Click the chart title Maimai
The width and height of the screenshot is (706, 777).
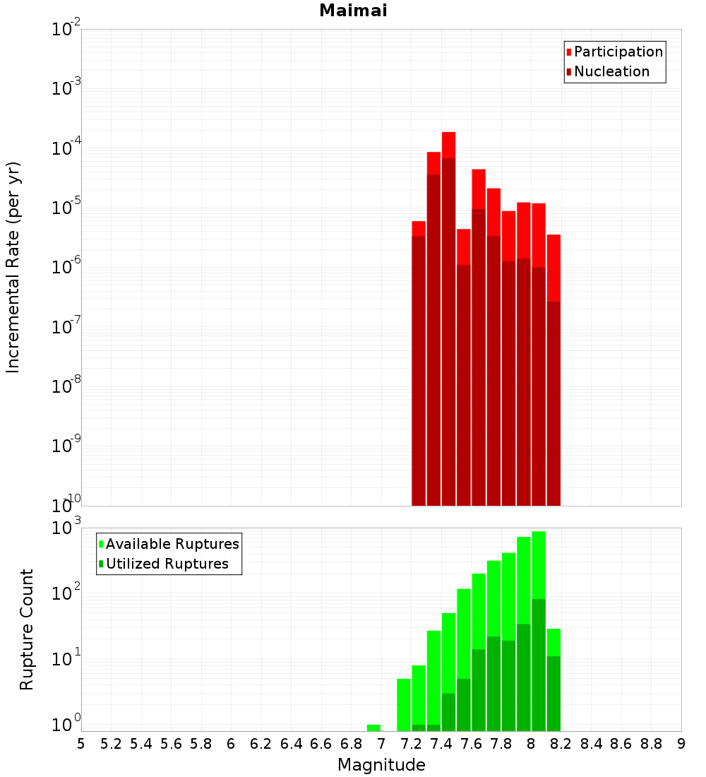point(353,11)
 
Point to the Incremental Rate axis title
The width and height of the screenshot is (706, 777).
point(13,267)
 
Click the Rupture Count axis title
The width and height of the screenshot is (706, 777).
point(27,629)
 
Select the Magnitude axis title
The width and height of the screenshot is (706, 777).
point(381,765)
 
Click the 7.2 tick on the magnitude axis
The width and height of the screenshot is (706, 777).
point(411,744)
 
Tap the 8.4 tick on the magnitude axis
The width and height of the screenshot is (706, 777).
point(591,744)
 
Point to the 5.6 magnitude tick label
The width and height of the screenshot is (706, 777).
point(171,744)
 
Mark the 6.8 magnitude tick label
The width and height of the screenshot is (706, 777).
point(351,744)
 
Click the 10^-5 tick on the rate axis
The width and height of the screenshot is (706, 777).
point(66,208)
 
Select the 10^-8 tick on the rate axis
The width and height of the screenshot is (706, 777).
point(66,387)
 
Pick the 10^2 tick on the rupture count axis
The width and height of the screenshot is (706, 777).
point(66,593)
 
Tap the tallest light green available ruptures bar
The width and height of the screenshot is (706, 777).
point(539,565)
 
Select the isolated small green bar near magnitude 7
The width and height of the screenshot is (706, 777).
point(373,728)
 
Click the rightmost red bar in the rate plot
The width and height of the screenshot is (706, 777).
point(554,353)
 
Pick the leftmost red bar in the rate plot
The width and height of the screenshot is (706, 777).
point(419,353)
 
